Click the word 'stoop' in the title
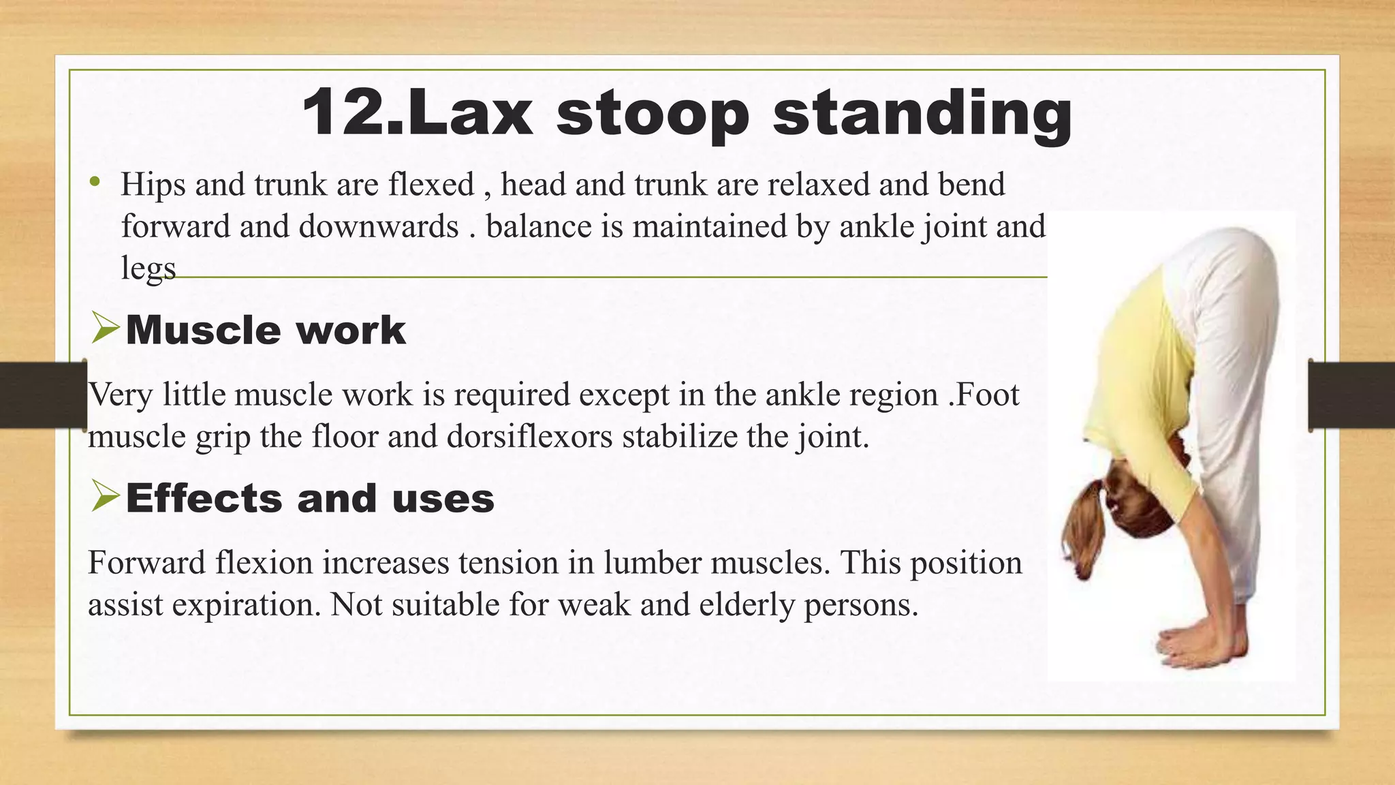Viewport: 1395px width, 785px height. (653, 116)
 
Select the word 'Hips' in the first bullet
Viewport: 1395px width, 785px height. (153, 185)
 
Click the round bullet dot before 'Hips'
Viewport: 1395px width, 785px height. (95, 183)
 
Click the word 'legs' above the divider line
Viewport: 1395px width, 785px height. (148, 268)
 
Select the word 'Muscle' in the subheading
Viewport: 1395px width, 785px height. (202, 330)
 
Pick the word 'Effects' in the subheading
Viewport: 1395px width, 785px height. (203, 498)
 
